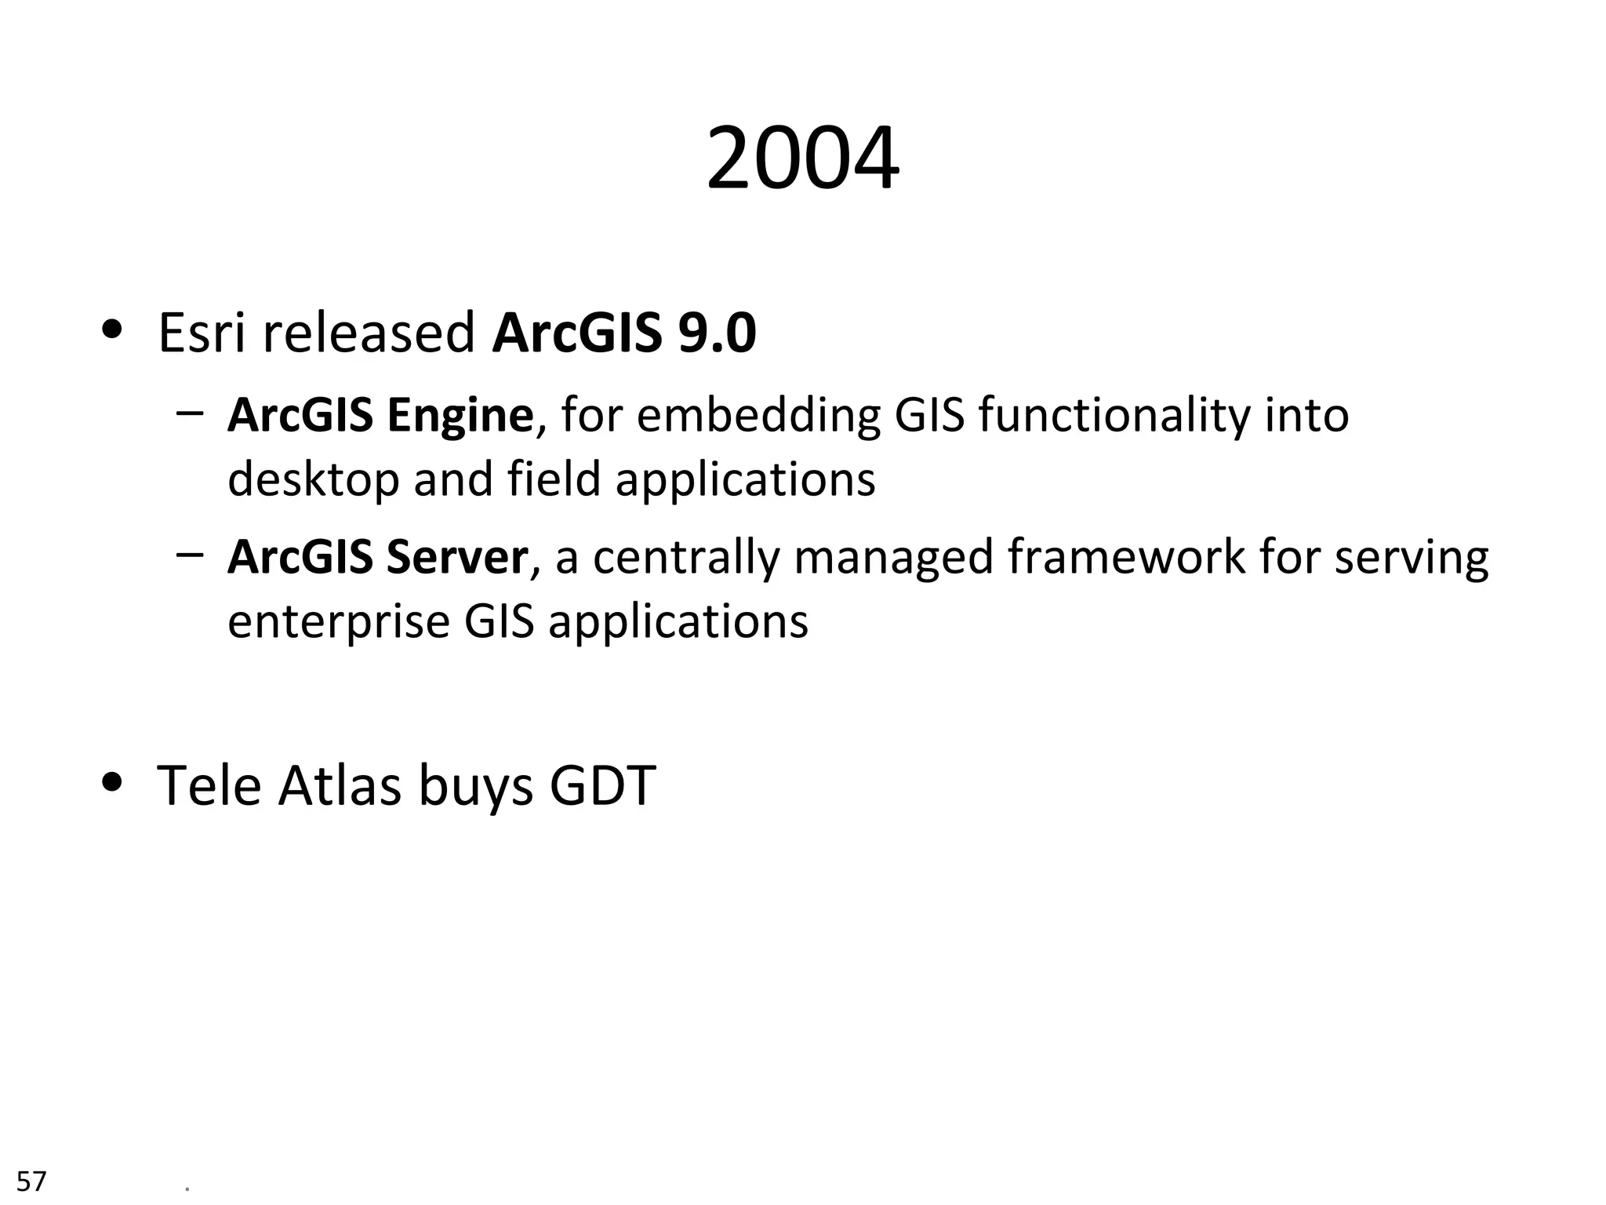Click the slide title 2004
tap(802, 159)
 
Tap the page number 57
tap(31, 1181)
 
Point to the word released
tap(369, 333)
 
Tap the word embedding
tap(758, 416)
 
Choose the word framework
tap(1126, 558)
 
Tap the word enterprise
tap(337, 622)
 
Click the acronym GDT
tap(602, 785)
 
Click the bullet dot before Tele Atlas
tap(113, 782)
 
